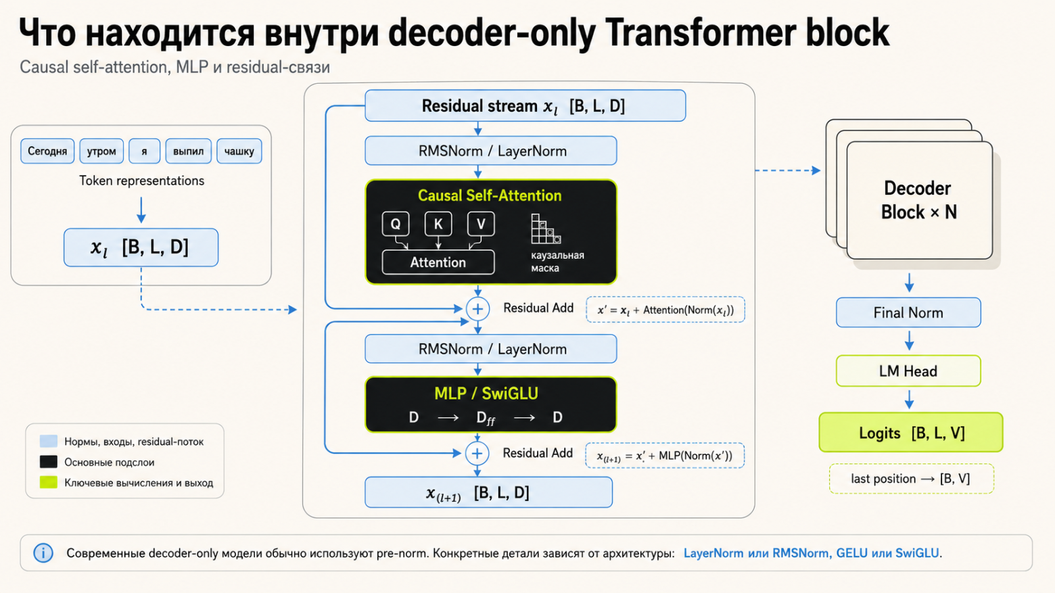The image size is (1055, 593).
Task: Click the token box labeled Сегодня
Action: (47, 151)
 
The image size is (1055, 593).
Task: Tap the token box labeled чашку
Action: (239, 151)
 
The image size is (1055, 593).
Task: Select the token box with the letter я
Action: (144, 151)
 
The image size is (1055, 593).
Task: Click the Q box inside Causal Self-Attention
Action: (396, 224)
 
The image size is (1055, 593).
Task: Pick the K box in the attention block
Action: (438, 224)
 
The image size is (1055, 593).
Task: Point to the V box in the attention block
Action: (481, 224)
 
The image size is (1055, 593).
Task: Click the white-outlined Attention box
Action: (438, 262)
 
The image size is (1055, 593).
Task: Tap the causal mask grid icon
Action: (545, 229)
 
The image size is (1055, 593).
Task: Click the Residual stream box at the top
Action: (525, 105)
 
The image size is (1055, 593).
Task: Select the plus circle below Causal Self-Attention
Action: (477, 309)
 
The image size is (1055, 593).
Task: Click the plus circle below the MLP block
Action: (477, 453)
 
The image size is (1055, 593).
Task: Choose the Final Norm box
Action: (908, 312)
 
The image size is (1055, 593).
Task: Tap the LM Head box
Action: (908, 371)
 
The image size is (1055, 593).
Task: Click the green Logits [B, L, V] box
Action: (911, 432)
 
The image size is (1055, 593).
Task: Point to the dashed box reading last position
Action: (912, 479)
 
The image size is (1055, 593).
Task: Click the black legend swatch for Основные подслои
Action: (49, 462)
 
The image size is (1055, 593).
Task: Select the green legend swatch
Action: (49, 482)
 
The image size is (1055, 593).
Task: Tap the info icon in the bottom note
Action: (43, 553)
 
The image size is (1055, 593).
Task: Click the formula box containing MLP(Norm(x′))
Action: (665, 456)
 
